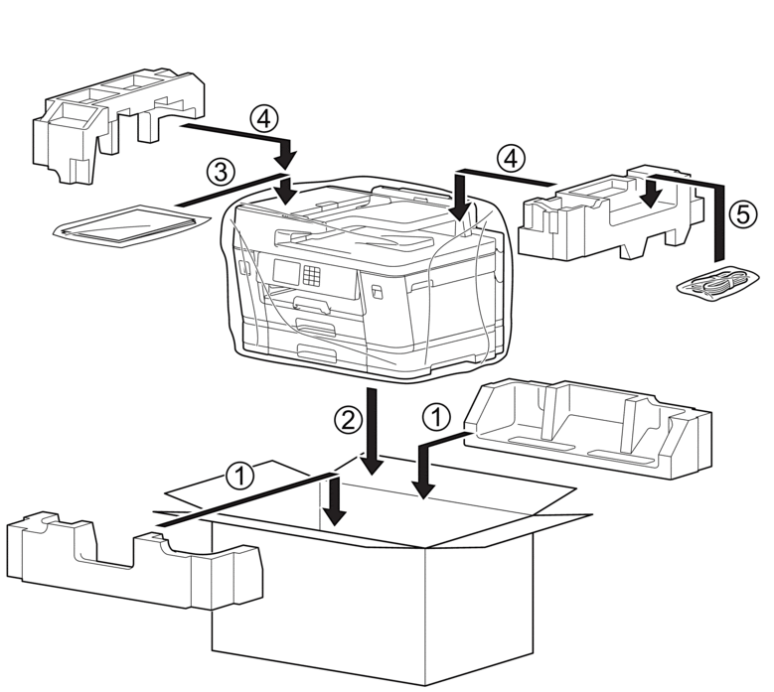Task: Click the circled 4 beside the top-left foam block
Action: pos(262,119)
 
